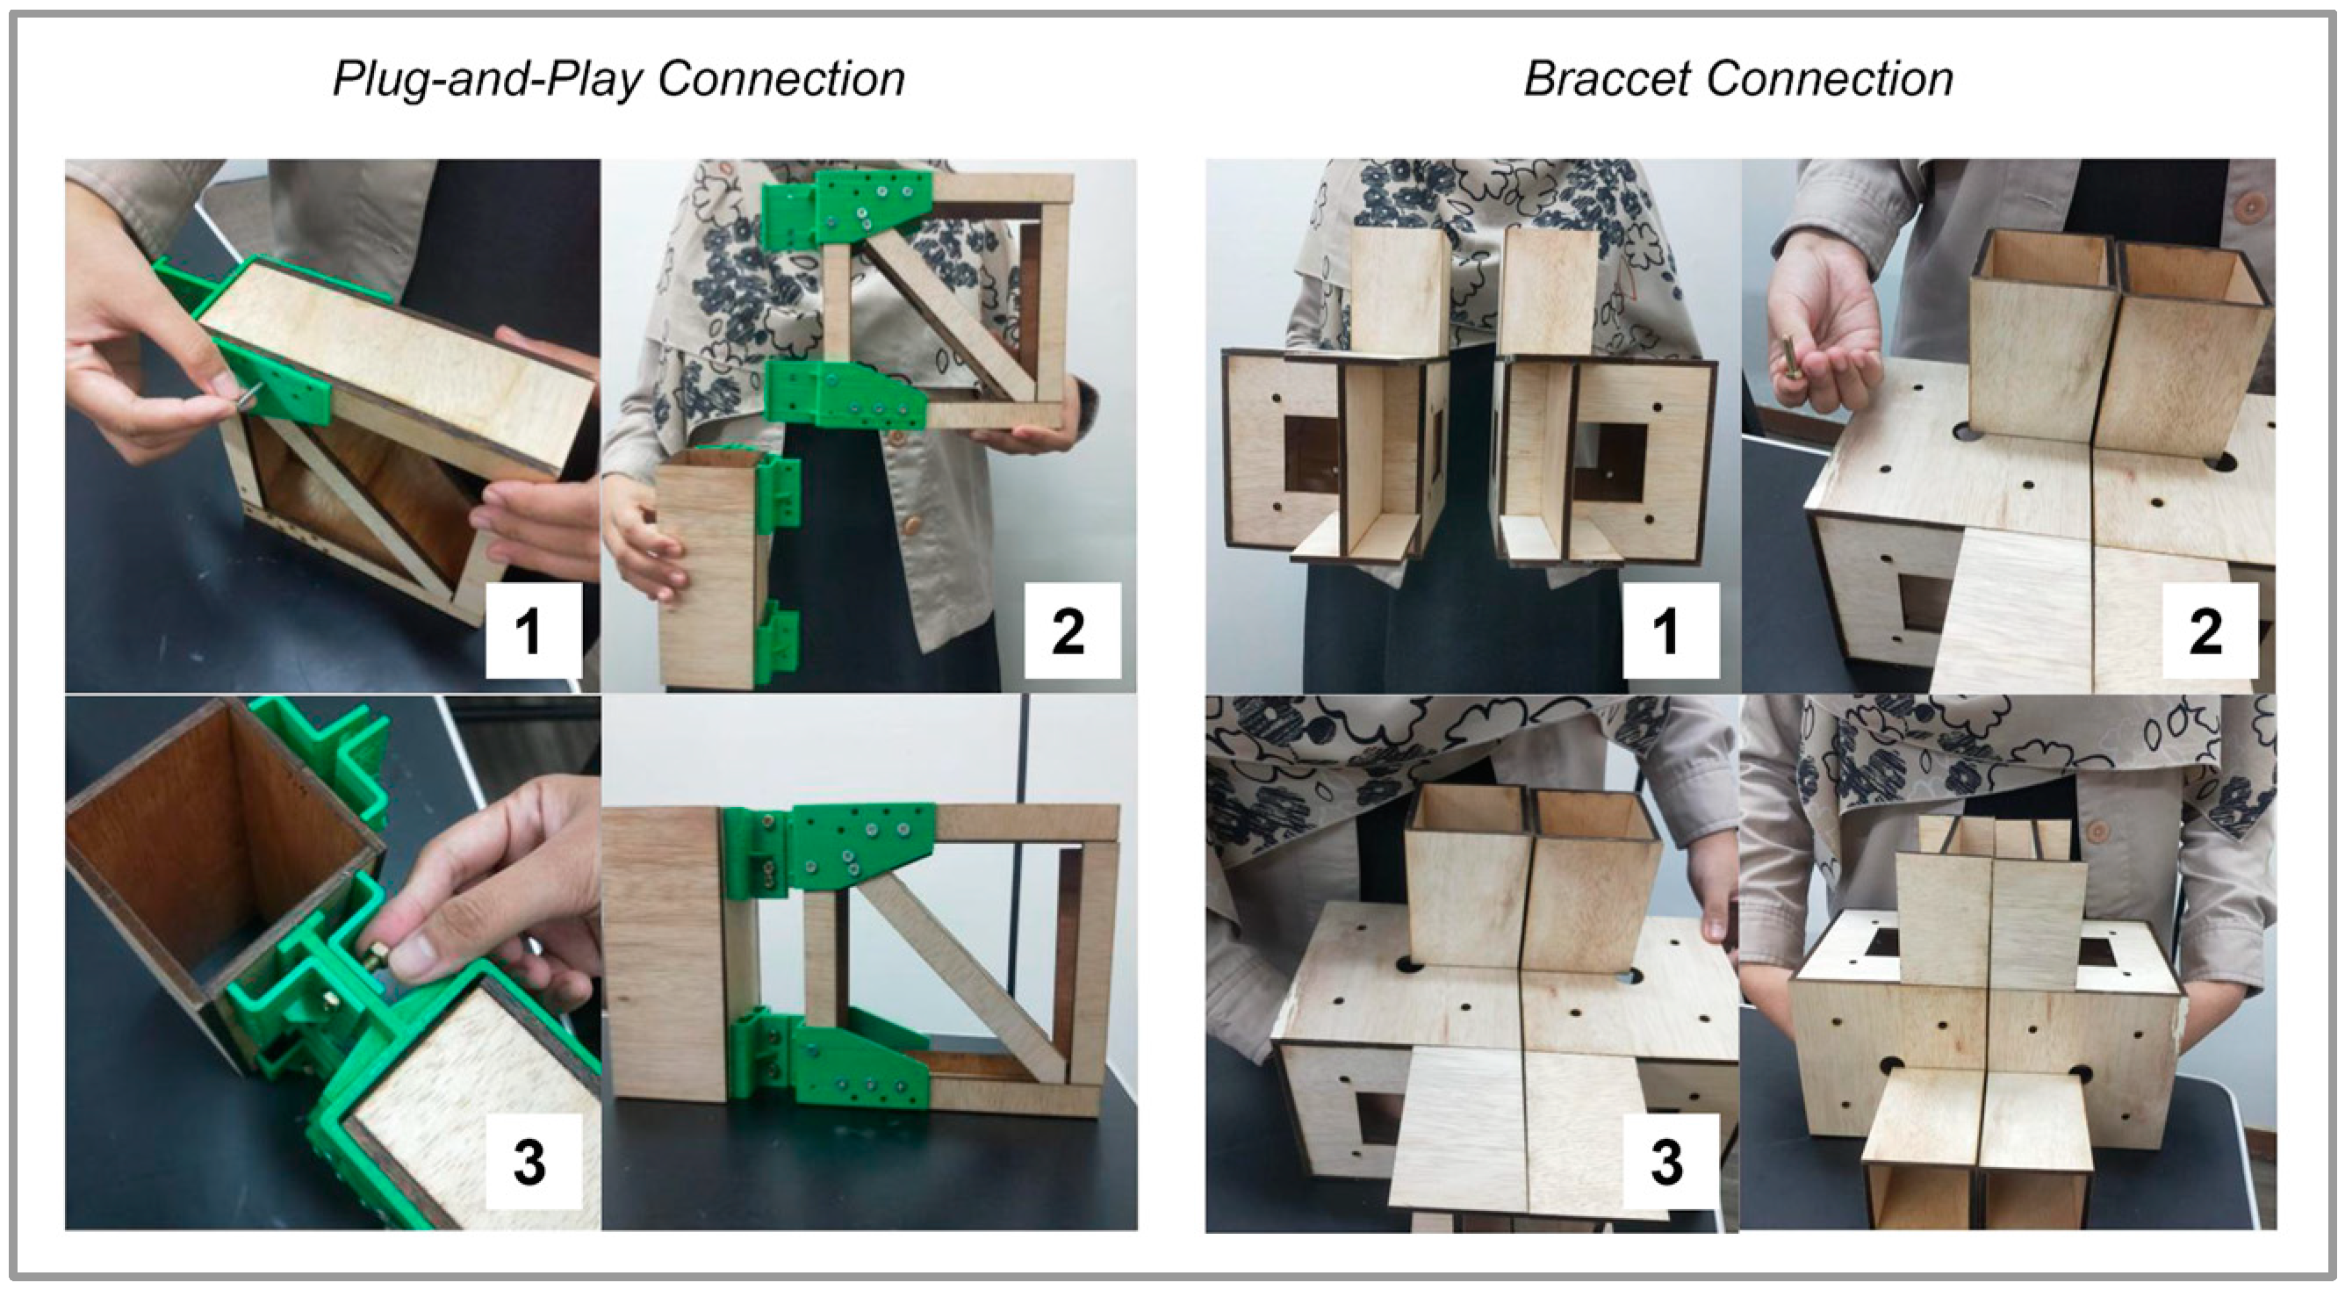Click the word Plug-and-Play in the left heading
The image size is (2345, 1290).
click(486, 80)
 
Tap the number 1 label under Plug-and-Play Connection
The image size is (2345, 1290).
click(533, 631)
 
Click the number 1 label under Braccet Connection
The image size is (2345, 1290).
click(1670, 631)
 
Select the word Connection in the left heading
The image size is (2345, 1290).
click(782, 79)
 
